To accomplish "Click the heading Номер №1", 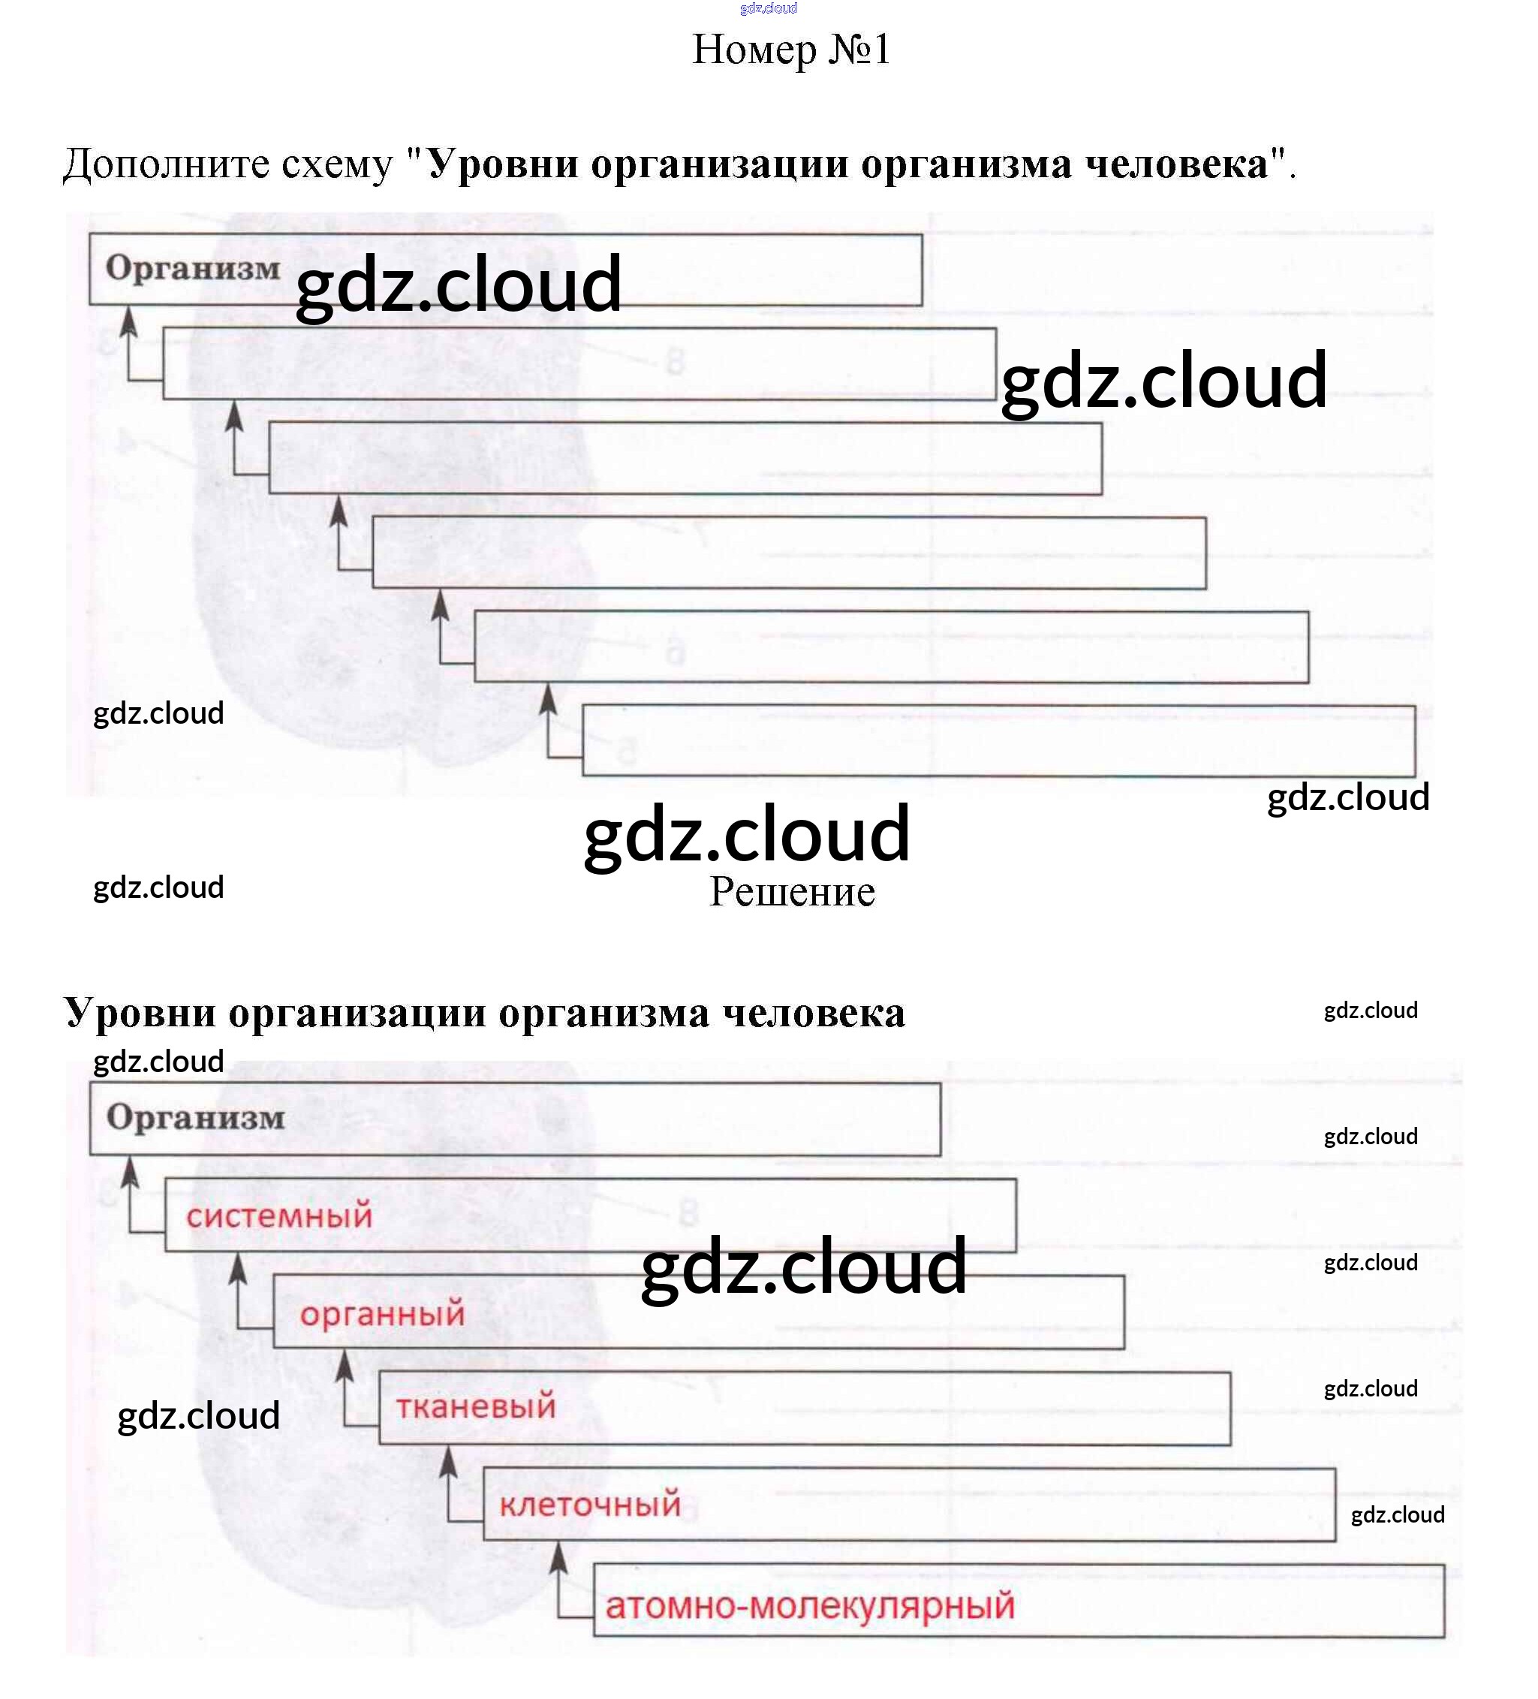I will coord(790,50).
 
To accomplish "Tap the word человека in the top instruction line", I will coord(1176,164).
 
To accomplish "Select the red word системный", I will coord(279,1216).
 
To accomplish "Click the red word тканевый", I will coord(476,1406).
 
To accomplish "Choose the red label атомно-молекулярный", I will coord(810,1605).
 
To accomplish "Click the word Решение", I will coord(792,892).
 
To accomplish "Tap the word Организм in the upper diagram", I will coord(193,269).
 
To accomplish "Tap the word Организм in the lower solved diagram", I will coord(195,1119).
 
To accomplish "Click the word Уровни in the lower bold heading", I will coord(140,1013).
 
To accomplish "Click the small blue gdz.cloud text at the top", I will coord(768,8).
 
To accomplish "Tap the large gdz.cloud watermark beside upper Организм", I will coord(459,284).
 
